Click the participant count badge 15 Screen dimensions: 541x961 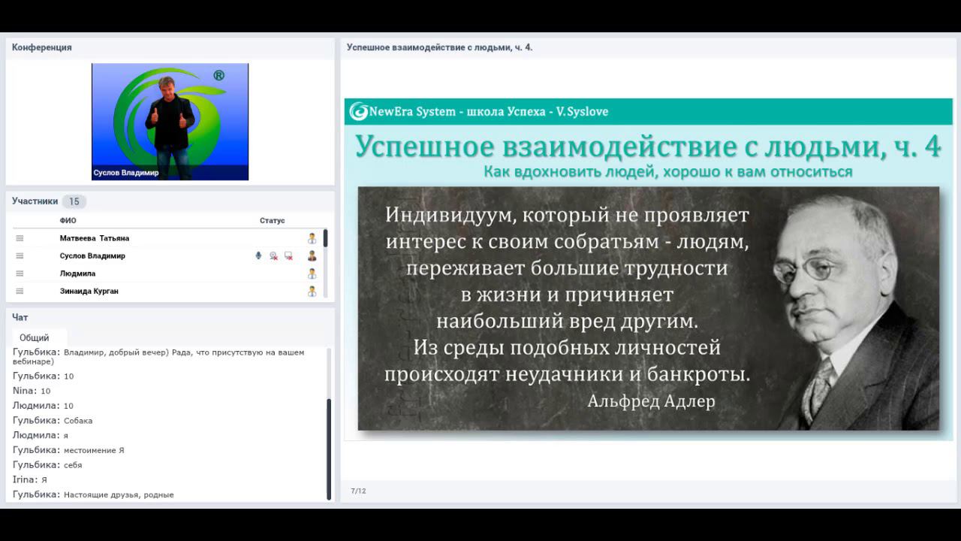tap(74, 201)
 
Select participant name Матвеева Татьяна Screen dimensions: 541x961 tap(95, 238)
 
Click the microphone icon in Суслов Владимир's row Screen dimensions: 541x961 tap(258, 255)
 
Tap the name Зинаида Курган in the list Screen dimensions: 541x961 tap(89, 291)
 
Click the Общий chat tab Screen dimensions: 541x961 tap(35, 337)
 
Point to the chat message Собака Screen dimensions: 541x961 tap(78, 421)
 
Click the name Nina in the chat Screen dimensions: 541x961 tap(24, 391)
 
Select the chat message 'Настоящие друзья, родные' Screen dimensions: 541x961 tap(119, 495)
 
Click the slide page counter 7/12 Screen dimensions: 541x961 tap(358, 491)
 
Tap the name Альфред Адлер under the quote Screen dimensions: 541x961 tap(651, 401)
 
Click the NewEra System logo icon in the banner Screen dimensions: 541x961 tap(358, 112)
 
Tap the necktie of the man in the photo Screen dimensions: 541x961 tap(820, 383)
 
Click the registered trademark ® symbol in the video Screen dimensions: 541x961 tap(218, 76)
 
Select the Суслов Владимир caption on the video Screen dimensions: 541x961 tap(126, 173)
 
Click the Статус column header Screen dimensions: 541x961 tap(273, 221)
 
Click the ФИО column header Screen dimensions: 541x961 tap(68, 221)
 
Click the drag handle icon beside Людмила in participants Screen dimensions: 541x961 tap(20, 274)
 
